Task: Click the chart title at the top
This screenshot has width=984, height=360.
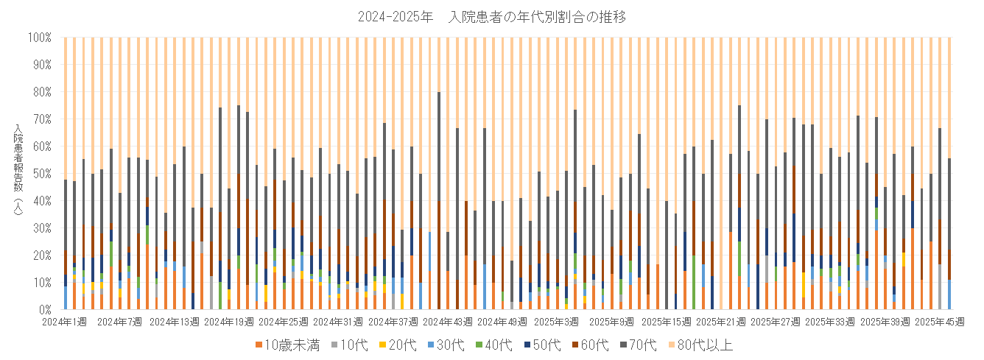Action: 491,16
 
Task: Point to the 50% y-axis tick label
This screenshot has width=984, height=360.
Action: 41,173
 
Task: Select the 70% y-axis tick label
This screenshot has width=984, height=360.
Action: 41,119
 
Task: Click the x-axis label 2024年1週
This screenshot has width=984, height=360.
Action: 65,322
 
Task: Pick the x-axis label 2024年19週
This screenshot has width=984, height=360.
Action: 228,322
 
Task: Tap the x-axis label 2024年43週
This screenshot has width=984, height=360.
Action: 446,322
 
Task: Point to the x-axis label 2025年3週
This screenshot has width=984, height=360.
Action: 556,322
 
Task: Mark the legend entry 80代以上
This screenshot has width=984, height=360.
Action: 703,345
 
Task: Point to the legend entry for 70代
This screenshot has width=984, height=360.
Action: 643,345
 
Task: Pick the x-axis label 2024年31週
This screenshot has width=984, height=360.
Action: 337,322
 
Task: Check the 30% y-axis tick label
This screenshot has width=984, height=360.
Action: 41,227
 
